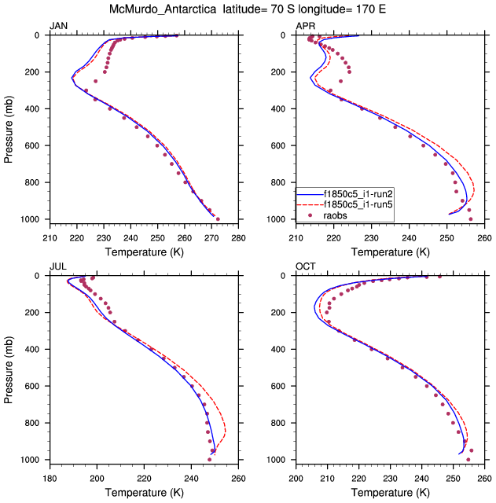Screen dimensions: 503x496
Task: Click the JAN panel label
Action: point(58,27)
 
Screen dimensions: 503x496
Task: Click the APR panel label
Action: point(305,27)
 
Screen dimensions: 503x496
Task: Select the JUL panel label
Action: point(57,267)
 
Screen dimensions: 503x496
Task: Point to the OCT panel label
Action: point(305,267)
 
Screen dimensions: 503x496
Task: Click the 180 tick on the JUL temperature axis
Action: point(50,477)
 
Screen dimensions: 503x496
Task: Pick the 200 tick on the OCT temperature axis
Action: point(296,477)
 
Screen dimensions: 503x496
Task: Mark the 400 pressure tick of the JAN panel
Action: point(36,108)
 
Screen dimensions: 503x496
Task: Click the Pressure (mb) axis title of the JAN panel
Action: point(9,127)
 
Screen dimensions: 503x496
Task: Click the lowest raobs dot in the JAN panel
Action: point(218,219)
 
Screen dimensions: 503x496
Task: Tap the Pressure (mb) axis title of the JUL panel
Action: point(9,367)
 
